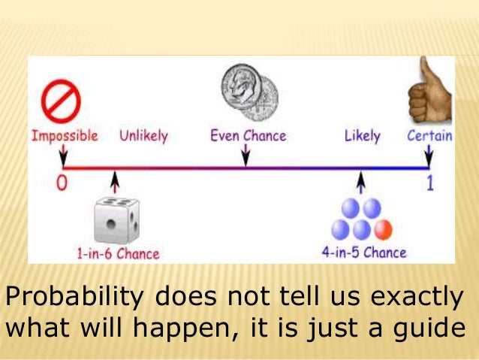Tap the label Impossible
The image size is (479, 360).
tap(65, 136)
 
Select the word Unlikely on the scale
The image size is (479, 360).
tap(143, 136)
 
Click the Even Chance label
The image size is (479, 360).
tap(248, 136)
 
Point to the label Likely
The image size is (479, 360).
tap(363, 136)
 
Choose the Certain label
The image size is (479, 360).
tap(429, 136)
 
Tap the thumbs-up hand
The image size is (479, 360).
tap(429, 92)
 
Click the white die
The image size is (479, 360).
tap(115, 220)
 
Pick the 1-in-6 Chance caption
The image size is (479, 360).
tap(118, 254)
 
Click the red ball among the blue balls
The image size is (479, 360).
tap(383, 228)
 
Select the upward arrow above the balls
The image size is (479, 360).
tap(362, 182)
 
